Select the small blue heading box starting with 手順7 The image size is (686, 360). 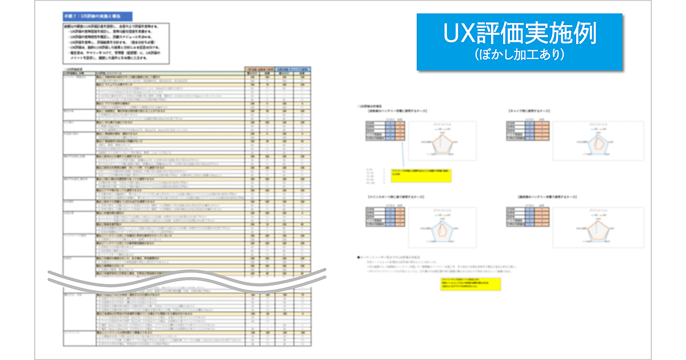click(97, 17)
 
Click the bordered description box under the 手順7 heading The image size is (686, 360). click(120, 43)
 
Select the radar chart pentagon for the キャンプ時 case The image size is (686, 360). click(597, 143)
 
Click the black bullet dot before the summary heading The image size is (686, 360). click(357, 258)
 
